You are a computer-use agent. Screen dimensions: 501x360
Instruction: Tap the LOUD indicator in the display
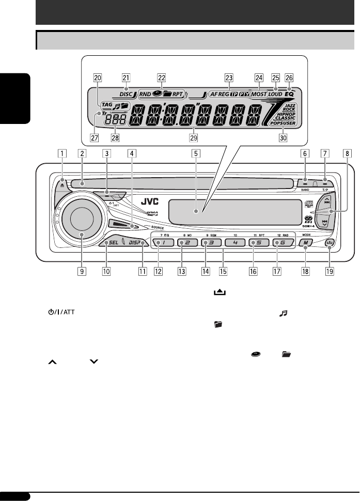(275, 95)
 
